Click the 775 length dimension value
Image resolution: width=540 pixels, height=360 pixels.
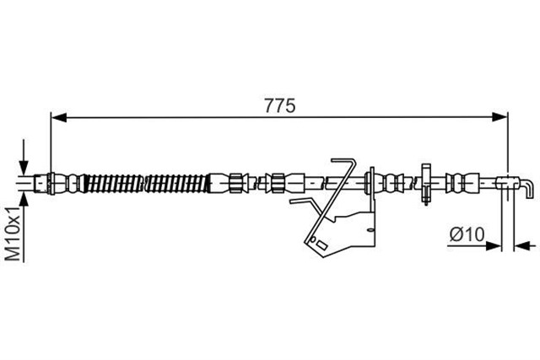279,105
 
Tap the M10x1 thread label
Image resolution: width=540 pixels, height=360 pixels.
14,234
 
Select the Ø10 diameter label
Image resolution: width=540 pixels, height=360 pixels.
467,234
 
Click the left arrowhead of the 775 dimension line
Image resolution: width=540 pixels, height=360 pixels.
58,117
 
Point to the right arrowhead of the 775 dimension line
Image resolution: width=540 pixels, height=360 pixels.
499,117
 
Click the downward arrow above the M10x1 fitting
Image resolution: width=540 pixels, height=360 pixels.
24,158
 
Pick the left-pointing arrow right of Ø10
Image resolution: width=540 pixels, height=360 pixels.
525,245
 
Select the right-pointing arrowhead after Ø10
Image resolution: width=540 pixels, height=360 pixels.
493,245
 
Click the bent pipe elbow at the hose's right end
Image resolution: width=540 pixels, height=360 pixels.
526,189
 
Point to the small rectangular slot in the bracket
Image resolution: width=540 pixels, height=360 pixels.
321,244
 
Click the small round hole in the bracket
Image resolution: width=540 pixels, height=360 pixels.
313,239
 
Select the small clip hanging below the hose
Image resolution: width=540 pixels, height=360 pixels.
426,184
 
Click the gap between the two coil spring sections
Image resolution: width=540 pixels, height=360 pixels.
144,183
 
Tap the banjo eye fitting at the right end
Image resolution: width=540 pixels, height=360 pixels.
507,182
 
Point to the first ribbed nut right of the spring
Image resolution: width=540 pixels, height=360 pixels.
235,183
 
